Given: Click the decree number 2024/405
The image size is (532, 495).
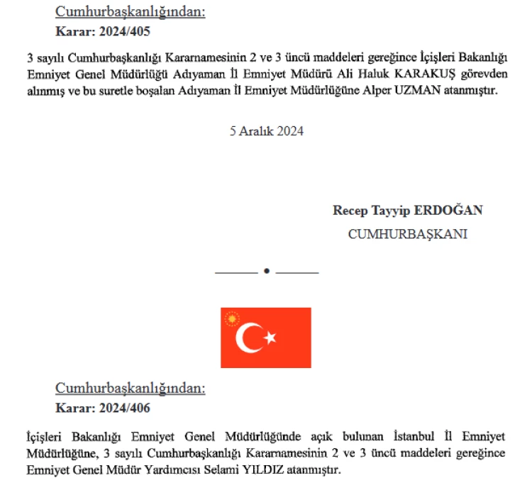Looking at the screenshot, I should (125, 31).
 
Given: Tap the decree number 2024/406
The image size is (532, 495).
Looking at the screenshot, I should (125, 408).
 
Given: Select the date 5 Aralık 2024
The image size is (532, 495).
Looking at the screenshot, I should (267, 130).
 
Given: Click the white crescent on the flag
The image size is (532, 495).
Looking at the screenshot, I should (250, 338).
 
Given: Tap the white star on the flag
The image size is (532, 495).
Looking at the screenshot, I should (270, 338).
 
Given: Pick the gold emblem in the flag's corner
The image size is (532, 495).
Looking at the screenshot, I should (231, 318).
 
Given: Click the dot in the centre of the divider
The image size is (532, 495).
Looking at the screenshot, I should (267, 271).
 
